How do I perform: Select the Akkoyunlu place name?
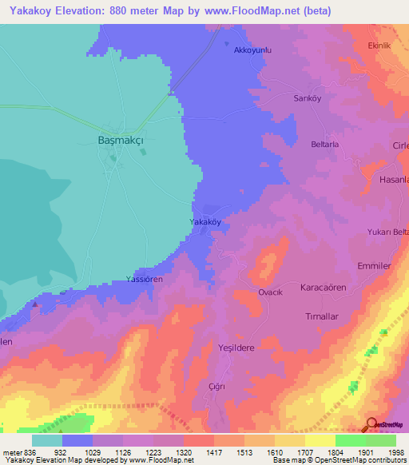[x=253, y=50]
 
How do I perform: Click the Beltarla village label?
[x=325, y=145]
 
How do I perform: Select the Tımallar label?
[x=323, y=316]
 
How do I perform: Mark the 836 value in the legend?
[x=24, y=451]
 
